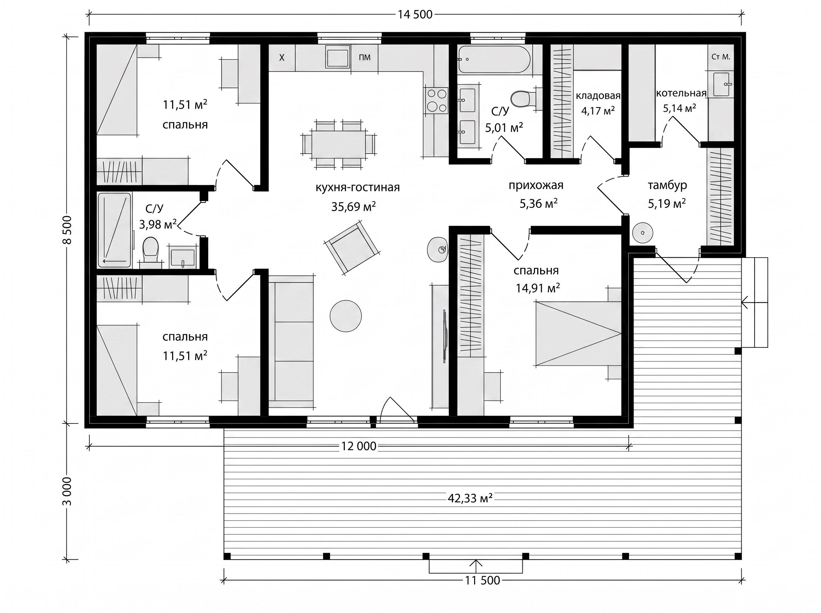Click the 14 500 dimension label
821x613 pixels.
click(415, 14)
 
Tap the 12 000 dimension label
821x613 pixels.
click(359, 446)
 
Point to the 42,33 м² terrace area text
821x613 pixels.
click(470, 498)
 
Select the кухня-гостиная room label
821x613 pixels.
click(357, 187)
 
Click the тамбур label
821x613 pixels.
click(667, 185)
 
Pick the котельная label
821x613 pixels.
click(681, 93)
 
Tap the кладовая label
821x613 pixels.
click(598, 96)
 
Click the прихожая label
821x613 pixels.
click(536, 185)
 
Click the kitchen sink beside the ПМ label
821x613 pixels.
click(338, 57)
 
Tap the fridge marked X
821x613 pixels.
click(282, 57)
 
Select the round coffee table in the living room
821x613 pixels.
click(346, 316)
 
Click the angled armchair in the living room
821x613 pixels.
click(351, 247)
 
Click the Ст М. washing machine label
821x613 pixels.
click(720, 57)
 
